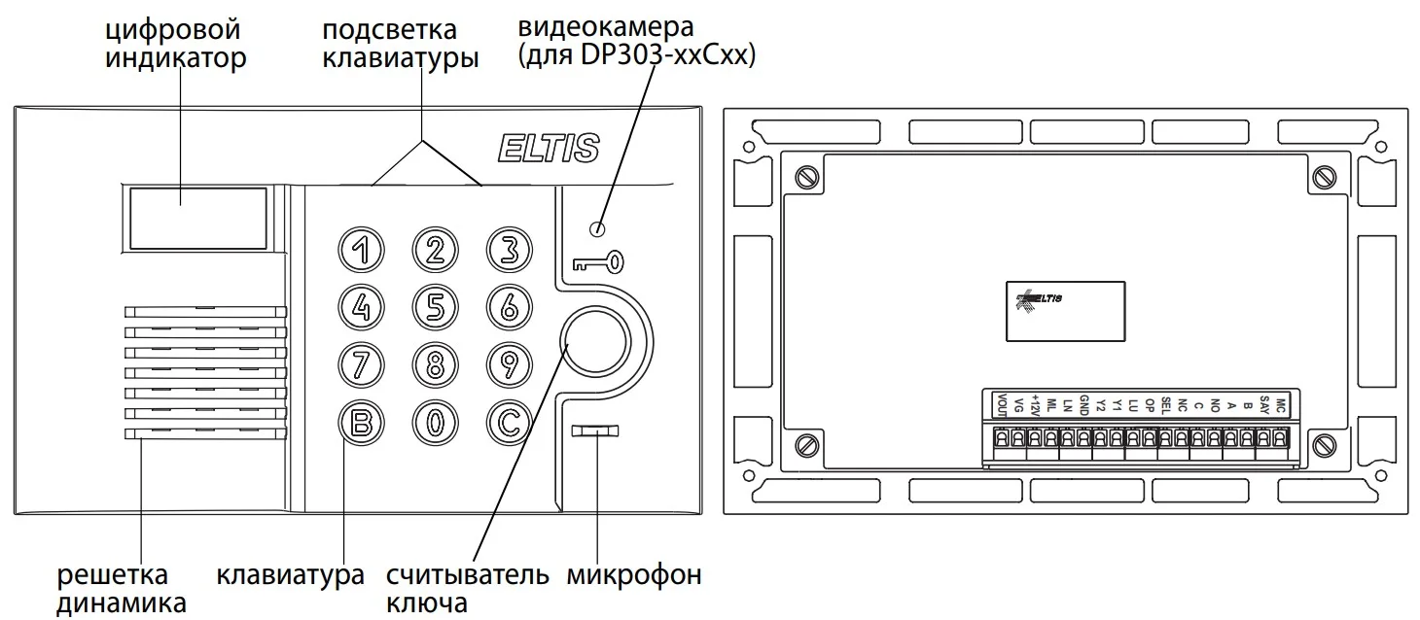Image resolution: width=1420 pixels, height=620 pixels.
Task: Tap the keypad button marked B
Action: click(x=361, y=423)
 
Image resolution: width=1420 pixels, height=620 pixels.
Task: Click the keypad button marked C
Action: click(x=509, y=423)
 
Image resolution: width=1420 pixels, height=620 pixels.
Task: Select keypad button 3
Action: click(x=509, y=250)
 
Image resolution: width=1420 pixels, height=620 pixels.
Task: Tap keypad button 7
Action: click(x=361, y=365)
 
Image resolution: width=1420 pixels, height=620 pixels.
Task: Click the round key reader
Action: click(x=595, y=342)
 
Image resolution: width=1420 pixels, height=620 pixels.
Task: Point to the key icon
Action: click(x=598, y=262)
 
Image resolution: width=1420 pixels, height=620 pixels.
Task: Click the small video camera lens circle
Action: click(x=597, y=229)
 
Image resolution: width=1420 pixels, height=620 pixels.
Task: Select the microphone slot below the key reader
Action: click(x=595, y=431)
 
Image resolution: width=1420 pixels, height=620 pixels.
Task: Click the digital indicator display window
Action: click(x=198, y=219)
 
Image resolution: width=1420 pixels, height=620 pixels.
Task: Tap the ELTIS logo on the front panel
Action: click(x=549, y=148)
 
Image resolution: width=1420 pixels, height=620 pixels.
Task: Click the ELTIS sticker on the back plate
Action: click(x=1065, y=312)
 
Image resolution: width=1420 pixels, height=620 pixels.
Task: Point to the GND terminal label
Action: click(x=1083, y=405)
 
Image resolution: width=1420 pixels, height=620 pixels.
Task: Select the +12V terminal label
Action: click(x=1035, y=405)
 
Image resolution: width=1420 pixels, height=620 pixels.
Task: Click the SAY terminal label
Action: click(x=1264, y=404)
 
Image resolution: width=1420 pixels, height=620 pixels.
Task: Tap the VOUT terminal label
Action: click(x=1002, y=405)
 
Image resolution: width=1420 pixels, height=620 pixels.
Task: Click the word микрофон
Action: click(x=634, y=575)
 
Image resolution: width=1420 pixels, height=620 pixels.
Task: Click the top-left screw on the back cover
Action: click(x=806, y=177)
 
